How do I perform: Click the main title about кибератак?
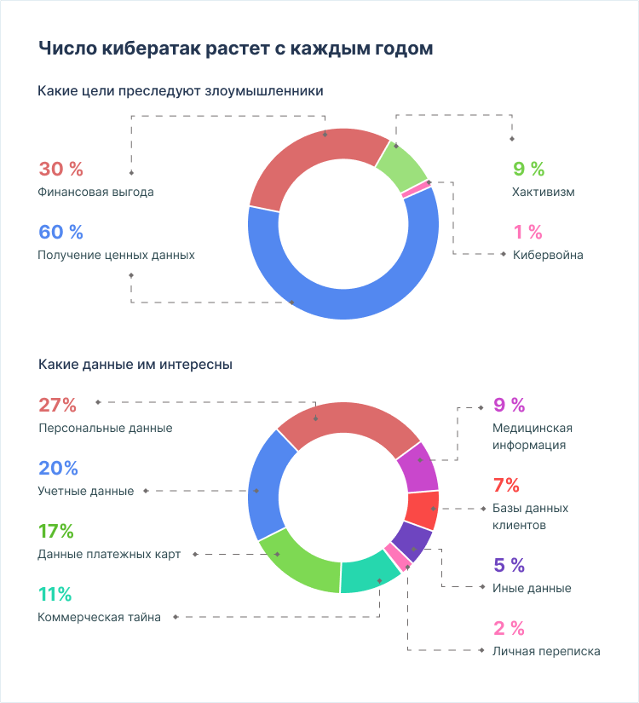236,48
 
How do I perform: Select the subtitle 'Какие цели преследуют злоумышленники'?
181,89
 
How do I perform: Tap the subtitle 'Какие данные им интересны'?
135,364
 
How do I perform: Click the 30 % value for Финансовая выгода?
61,169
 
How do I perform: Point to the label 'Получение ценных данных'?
117,255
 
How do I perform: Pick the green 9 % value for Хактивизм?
528,169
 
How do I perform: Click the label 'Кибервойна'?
548,255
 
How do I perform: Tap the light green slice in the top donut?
400,164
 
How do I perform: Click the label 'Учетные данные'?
86,491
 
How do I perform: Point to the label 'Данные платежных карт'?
109,554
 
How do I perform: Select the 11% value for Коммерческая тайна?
55,594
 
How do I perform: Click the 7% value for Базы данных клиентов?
506,486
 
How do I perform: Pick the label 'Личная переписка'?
546,651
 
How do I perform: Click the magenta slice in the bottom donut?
417,465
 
